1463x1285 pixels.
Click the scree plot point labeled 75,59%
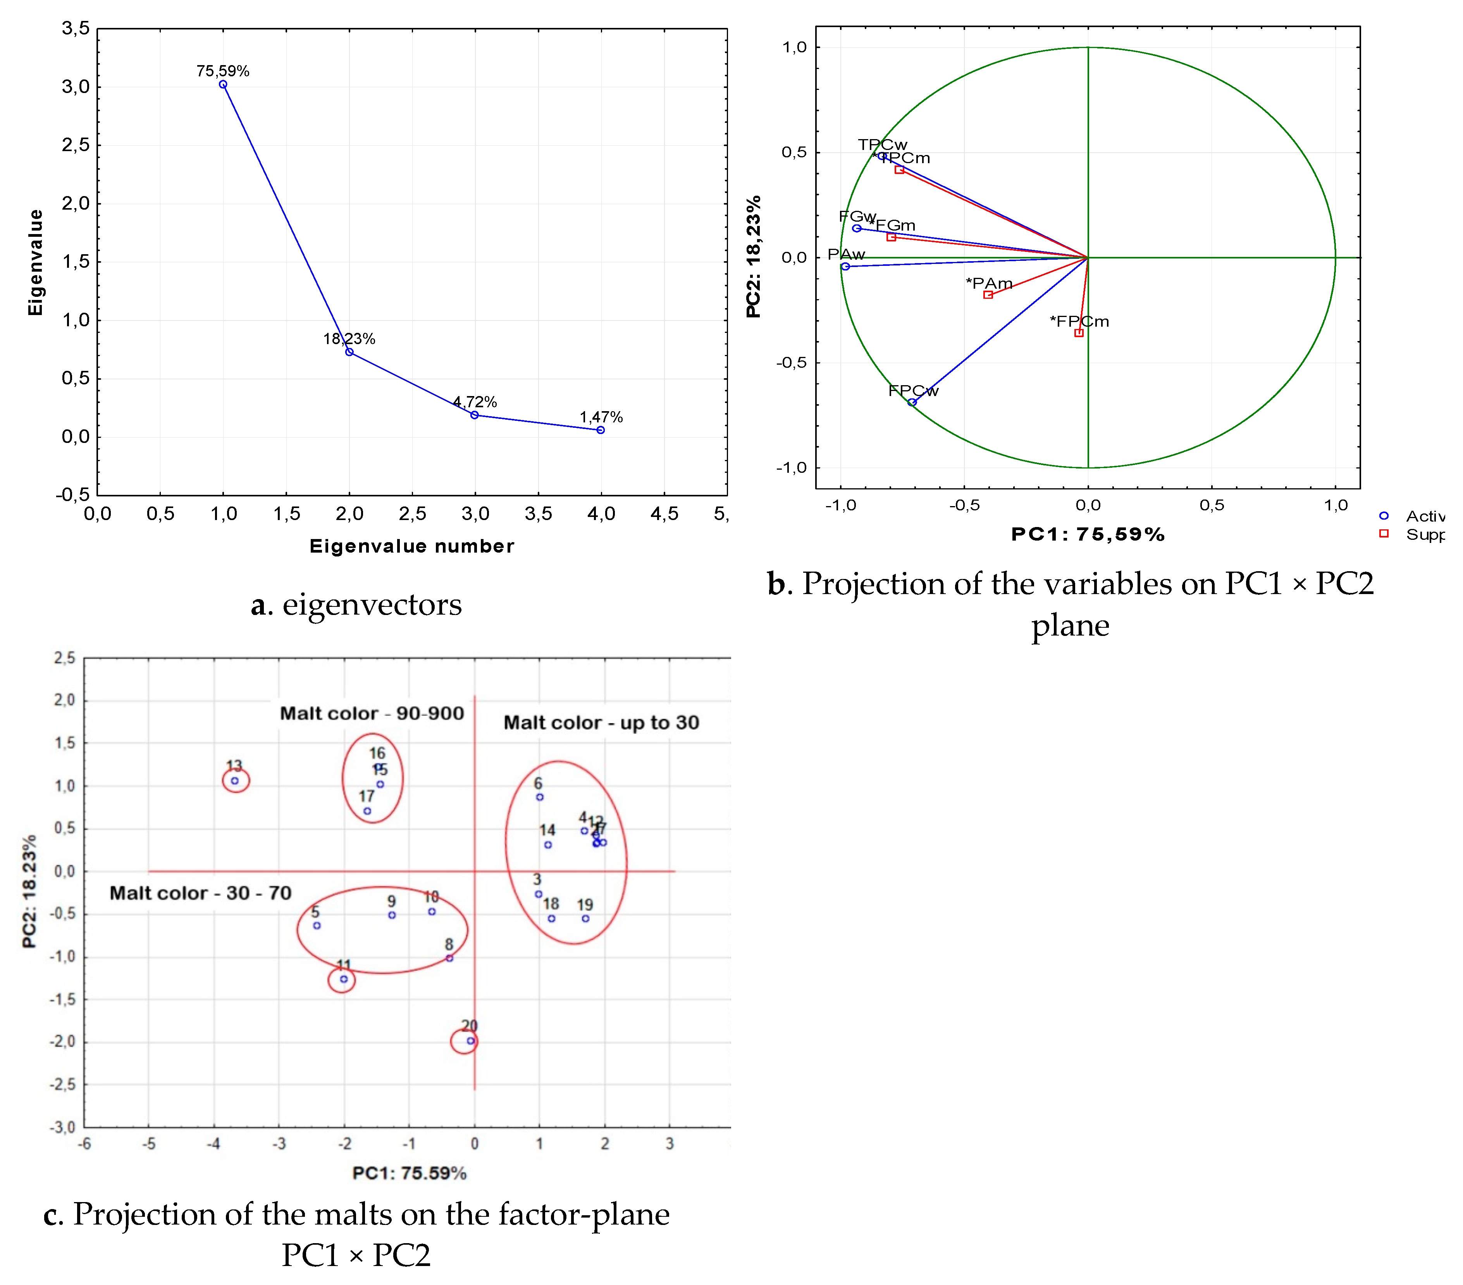pos(223,84)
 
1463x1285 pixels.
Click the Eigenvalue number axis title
pos(411,546)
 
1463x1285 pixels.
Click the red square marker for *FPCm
pos(1079,333)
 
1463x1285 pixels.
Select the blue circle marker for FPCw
pos(912,402)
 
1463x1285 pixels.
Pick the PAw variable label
pos(846,254)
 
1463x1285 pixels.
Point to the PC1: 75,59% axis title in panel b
pos(1087,534)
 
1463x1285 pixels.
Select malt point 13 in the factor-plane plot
pos(235,781)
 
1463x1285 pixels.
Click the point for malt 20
pos(470,1041)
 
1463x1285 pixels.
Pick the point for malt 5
pos(317,926)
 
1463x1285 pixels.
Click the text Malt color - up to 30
pos(601,722)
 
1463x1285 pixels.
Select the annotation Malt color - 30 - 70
pos(200,893)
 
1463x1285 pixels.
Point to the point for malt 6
pos(540,797)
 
